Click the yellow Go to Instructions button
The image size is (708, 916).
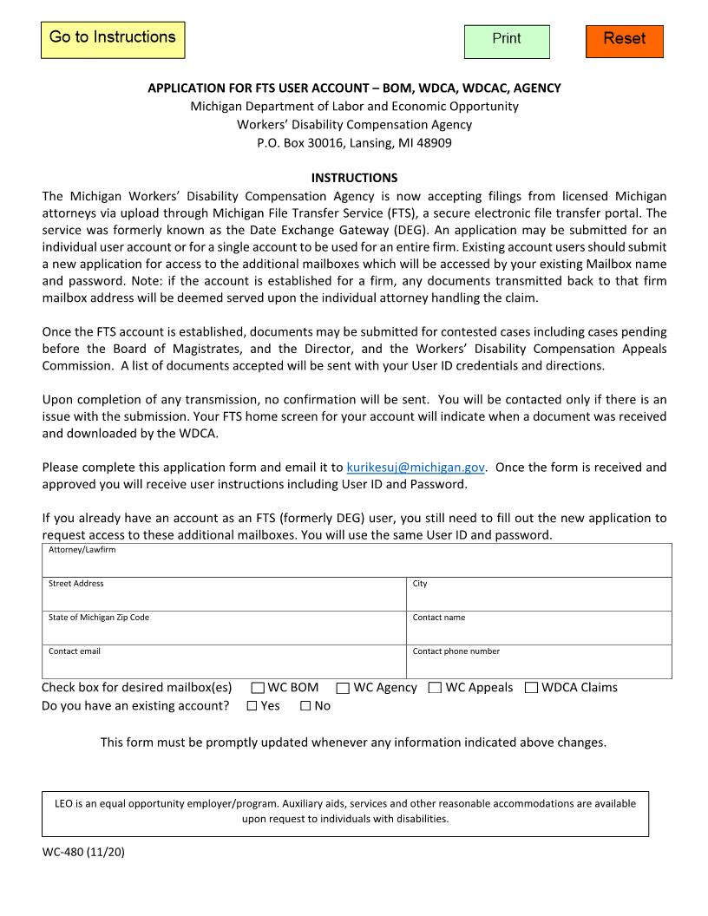[113, 40]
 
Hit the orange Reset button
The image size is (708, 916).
[624, 41]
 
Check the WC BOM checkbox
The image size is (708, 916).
[258, 688]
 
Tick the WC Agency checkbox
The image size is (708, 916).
[343, 688]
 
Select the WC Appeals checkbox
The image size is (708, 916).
[435, 688]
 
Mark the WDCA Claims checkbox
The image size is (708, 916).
[531, 688]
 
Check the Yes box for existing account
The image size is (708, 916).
[252, 706]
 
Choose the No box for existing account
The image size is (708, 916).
[305, 706]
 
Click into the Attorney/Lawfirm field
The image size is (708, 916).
[357, 565]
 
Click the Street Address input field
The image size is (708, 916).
[224, 599]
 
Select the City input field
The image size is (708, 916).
[539, 599]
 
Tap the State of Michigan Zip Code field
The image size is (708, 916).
[224, 632]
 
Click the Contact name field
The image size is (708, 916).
[539, 632]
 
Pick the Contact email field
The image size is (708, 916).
[224, 666]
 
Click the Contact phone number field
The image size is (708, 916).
[539, 666]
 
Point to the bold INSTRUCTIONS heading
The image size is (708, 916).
[354, 178]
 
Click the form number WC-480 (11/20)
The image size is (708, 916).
[83, 852]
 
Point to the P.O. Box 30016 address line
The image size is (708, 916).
[354, 143]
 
